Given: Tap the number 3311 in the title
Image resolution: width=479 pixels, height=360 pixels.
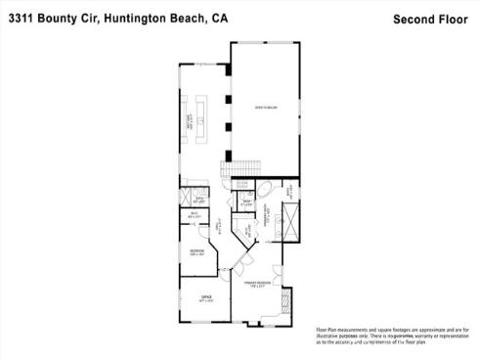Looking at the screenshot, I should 20,17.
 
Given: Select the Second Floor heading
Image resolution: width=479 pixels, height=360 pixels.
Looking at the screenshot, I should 429,18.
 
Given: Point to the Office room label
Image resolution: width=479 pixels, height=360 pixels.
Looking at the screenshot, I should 205,296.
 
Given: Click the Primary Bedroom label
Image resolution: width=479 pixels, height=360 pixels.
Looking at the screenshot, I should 258,286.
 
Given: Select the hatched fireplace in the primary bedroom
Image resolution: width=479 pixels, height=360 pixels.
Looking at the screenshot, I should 286,298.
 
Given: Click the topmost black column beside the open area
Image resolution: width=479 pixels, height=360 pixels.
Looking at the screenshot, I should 227,72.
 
